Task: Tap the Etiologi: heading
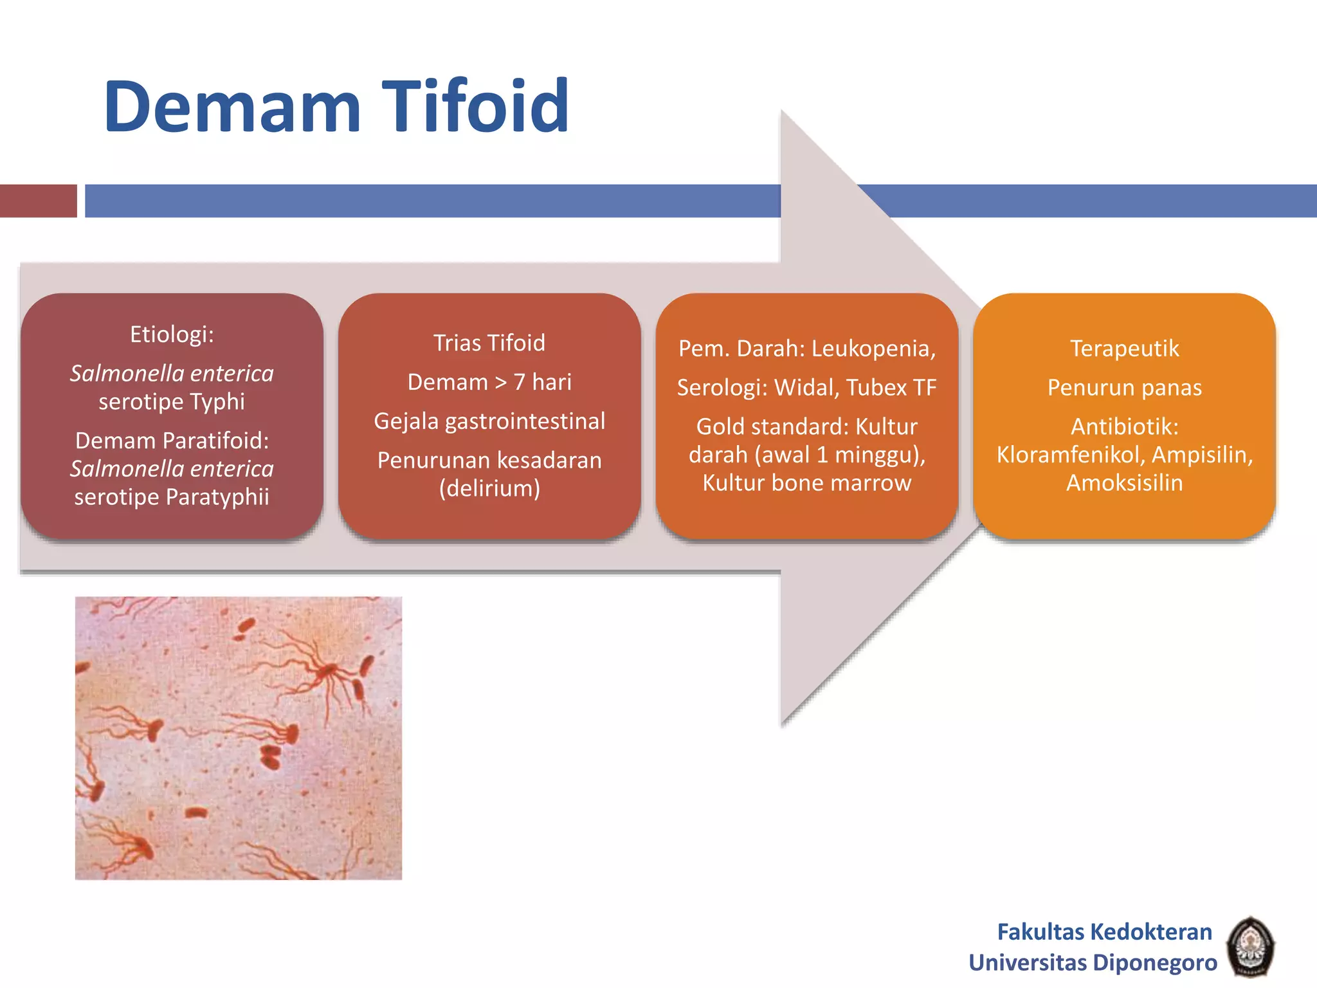click(x=172, y=334)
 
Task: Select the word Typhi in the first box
click(x=217, y=401)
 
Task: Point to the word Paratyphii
click(x=217, y=497)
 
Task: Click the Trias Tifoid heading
click(x=489, y=343)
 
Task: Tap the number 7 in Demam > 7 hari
click(x=519, y=382)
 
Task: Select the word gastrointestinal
click(x=525, y=421)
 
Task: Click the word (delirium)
click(x=489, y=488)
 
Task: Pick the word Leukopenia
click(x=873, y=349)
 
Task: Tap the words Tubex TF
click(x=891, y=388)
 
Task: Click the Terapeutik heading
click(x=1124, y=349)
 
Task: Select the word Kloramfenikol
click(x=1068, y=455)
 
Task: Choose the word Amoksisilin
click(x=1124, y=483)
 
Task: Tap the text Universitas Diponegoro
click(x=1093, y=962)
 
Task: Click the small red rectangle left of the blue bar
click(x=38, y=201)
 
